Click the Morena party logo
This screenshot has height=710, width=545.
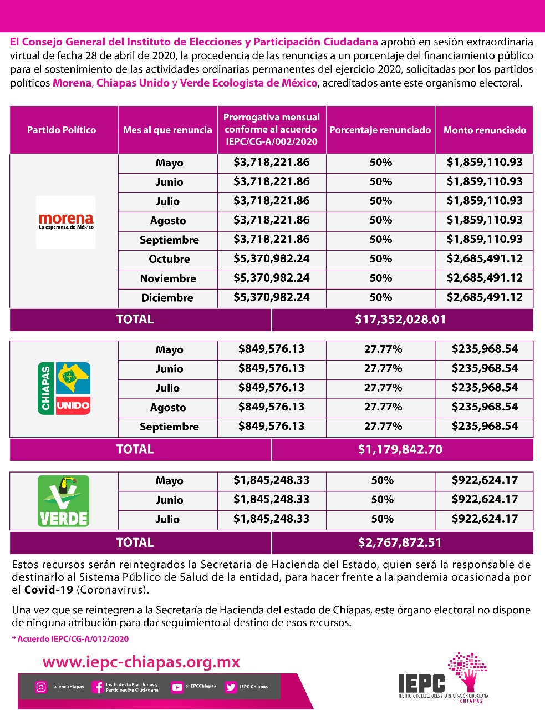point(66,221)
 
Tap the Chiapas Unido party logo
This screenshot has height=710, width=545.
point(64,388)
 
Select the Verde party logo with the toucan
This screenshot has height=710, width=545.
point(63,501)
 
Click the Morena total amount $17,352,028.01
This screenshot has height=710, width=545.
point(400,319)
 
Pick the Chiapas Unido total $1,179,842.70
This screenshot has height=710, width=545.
point(400,449)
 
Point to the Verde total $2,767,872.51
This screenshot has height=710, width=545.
point(400,542)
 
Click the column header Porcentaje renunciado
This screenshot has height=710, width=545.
point(380,130)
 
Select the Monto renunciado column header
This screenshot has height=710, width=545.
point(485,130)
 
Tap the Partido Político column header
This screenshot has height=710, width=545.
point(62,130)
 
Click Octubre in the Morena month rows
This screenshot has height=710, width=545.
point(169,259)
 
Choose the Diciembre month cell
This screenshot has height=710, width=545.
point(167,298)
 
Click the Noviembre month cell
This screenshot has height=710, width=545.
point(168,278)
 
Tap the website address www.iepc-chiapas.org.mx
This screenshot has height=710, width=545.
point(141,662)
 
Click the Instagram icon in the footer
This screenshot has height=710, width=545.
point(41,687)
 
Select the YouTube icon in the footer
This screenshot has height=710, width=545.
point(177,687)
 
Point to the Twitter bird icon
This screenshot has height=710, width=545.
point(231,687)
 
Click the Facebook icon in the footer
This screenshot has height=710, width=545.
point(98,687)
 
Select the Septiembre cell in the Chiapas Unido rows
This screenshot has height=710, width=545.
point(169,427)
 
